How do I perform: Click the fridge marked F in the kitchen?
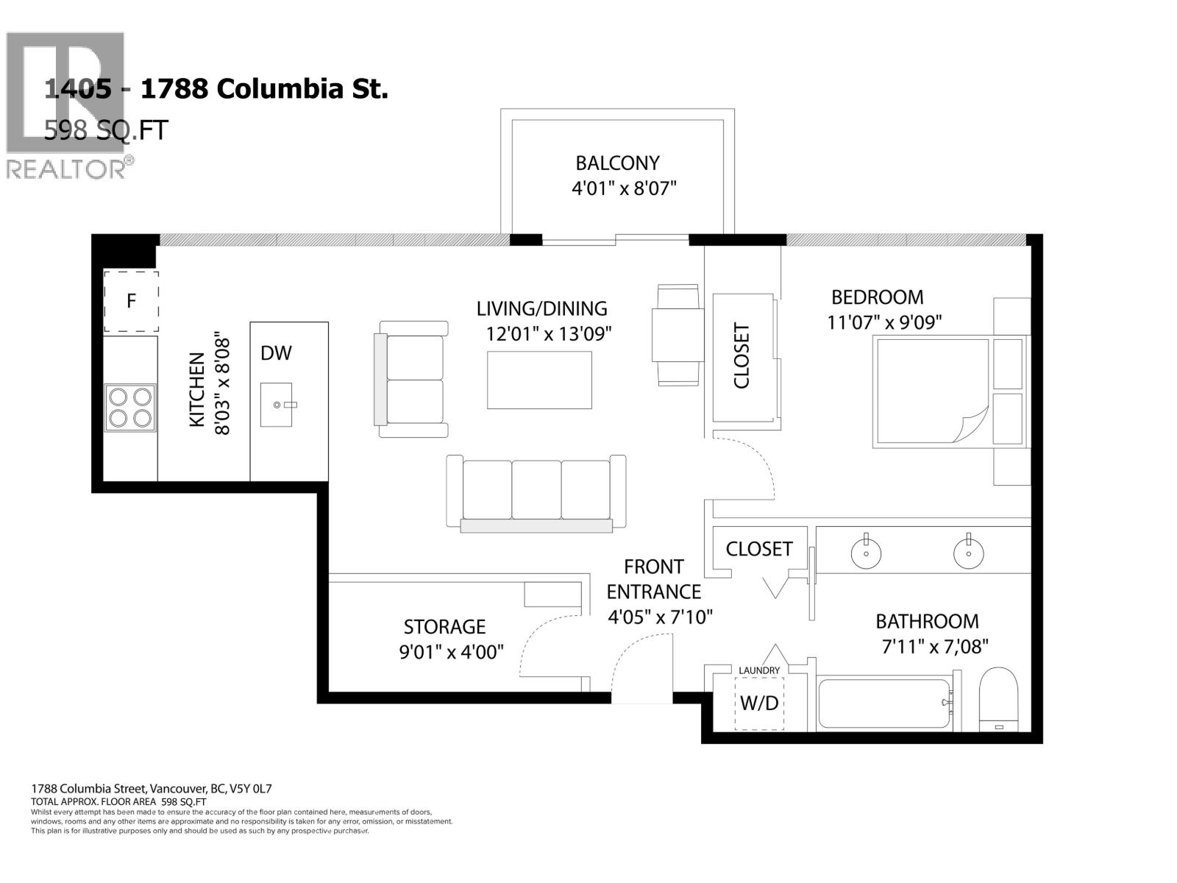click(x=131, y=301)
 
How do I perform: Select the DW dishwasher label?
click(x=276, y=353)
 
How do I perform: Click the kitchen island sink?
click(x=276, y=405)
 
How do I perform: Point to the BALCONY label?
click(x=617, y=163)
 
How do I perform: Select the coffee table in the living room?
click(x=539, y=380)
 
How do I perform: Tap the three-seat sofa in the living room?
click(x=537, y=492)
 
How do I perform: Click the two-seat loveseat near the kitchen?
click(x=412, y=380)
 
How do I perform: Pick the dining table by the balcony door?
click(x=677, y=335)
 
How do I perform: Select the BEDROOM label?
click(x=877, y=297)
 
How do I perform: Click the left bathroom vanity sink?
click(x=867, y=553)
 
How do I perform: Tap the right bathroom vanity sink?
click(x=969, y=553)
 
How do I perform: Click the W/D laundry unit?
click(x=759, y=703)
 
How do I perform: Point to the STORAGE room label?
click(x=444, y=627)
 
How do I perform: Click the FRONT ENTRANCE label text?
click(x=653, y=579)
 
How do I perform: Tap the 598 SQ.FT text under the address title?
click(x=106, y=130)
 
